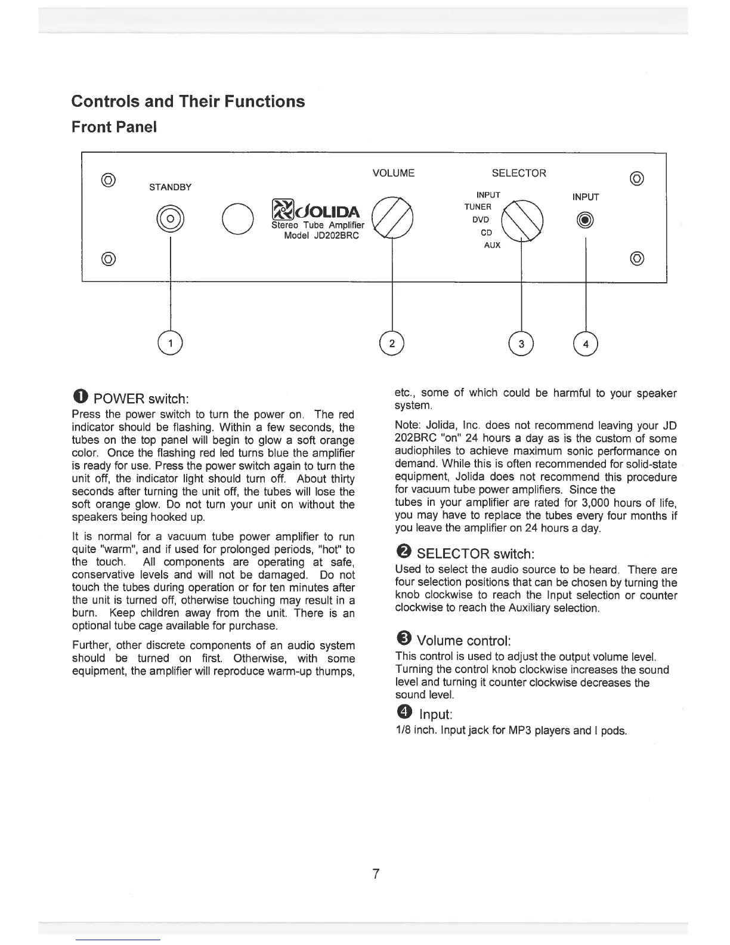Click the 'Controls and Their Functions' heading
point(188,101)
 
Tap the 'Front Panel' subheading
point(114,128)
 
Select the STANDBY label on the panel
point(170,187)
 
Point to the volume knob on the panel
point(392,217)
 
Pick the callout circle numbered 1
point(171,343)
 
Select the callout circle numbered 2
point(391,343)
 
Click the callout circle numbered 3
point(521,343)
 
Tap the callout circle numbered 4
point(586,343)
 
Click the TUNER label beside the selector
point(478,207)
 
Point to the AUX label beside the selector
point(492,245)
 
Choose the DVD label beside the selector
point(480,220)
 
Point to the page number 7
point(376,874)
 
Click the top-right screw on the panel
point(636,178)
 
